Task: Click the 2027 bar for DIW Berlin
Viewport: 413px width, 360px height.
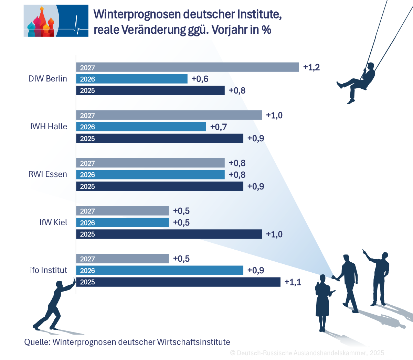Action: coord(188,67)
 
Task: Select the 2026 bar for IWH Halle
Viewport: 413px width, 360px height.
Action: coord(141,127)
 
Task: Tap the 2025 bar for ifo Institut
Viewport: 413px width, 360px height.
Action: coord(178,282)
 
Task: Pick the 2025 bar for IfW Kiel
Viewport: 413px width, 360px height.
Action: coord(169,234)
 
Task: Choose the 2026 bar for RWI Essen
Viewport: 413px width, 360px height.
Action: coord(150,175)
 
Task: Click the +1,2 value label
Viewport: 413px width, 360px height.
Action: coord(311,67)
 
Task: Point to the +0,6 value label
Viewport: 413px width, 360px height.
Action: coord(200,79)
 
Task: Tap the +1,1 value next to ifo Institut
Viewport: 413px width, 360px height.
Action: coord(293,282)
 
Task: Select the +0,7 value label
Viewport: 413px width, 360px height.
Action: coord(219,127)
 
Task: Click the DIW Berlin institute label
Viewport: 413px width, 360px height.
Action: coord(47,79)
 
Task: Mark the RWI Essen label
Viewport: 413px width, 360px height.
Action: coord(47,174)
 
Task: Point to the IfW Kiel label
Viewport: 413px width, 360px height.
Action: coord(53,222)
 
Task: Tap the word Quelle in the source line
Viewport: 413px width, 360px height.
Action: coord(36,342)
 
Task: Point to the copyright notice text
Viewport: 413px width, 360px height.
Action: coord(307,353)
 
